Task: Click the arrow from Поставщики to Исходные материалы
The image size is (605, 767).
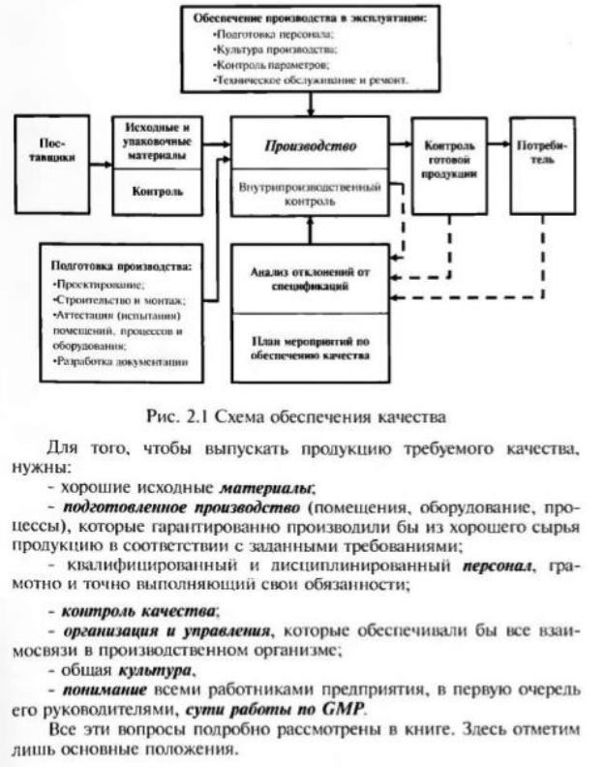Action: point(101,151)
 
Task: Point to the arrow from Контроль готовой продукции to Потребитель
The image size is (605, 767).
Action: point(499,145)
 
